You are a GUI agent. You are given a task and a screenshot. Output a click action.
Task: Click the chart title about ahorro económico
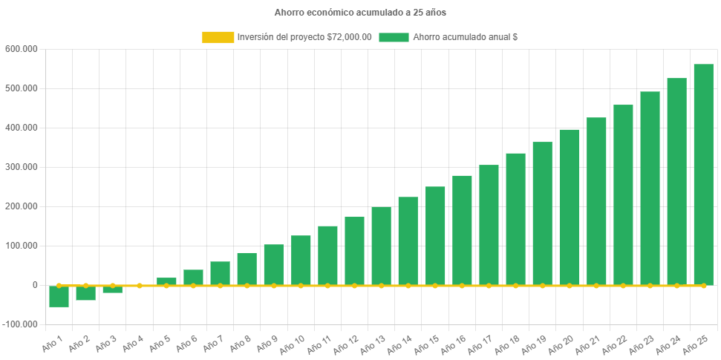pos(360,12)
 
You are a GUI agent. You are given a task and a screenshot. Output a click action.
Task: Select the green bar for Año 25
pos(703,174)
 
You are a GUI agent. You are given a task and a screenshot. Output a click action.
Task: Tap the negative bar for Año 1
pos(59,296)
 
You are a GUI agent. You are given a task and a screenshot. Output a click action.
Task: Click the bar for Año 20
pos(569,207)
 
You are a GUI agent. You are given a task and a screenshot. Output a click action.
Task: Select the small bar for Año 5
pos(166,281)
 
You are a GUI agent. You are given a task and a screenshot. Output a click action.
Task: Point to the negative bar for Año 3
pos(113,289)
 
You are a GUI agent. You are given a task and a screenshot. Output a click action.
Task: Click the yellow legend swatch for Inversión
pos(218,37)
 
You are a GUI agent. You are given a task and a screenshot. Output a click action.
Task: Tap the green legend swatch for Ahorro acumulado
pos(394,37)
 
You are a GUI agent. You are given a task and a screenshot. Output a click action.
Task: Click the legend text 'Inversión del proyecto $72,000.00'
pos(304,37)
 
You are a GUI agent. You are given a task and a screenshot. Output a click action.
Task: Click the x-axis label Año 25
pos(694,342)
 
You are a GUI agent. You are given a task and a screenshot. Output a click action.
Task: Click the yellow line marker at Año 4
pos(140,285)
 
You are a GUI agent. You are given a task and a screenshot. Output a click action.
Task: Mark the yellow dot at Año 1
pos(59,285)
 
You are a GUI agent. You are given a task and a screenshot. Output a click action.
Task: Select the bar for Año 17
pos(489,225)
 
